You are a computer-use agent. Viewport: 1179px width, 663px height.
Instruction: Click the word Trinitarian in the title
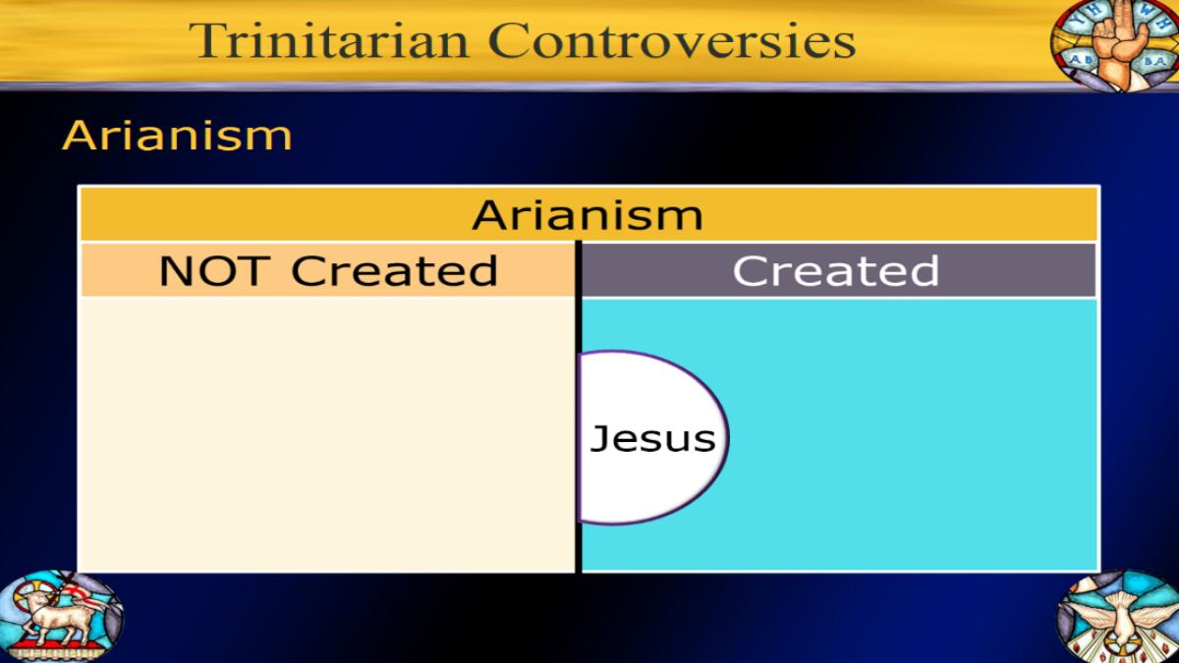point(329,40)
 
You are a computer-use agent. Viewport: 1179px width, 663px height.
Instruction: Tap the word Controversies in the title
point(672,40)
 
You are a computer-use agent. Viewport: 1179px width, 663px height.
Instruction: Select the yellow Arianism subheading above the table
point(177,136)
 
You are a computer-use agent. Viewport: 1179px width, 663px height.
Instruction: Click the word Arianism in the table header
point(588,215)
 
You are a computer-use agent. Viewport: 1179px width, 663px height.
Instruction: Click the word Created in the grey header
point(836,270)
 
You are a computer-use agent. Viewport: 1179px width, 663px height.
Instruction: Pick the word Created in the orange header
point(394,270)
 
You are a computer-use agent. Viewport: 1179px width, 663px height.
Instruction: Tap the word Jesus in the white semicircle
point(652,439)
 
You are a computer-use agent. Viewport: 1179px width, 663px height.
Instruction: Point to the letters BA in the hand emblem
point(1154,62)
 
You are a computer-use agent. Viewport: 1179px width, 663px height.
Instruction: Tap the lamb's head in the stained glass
point(38,599)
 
